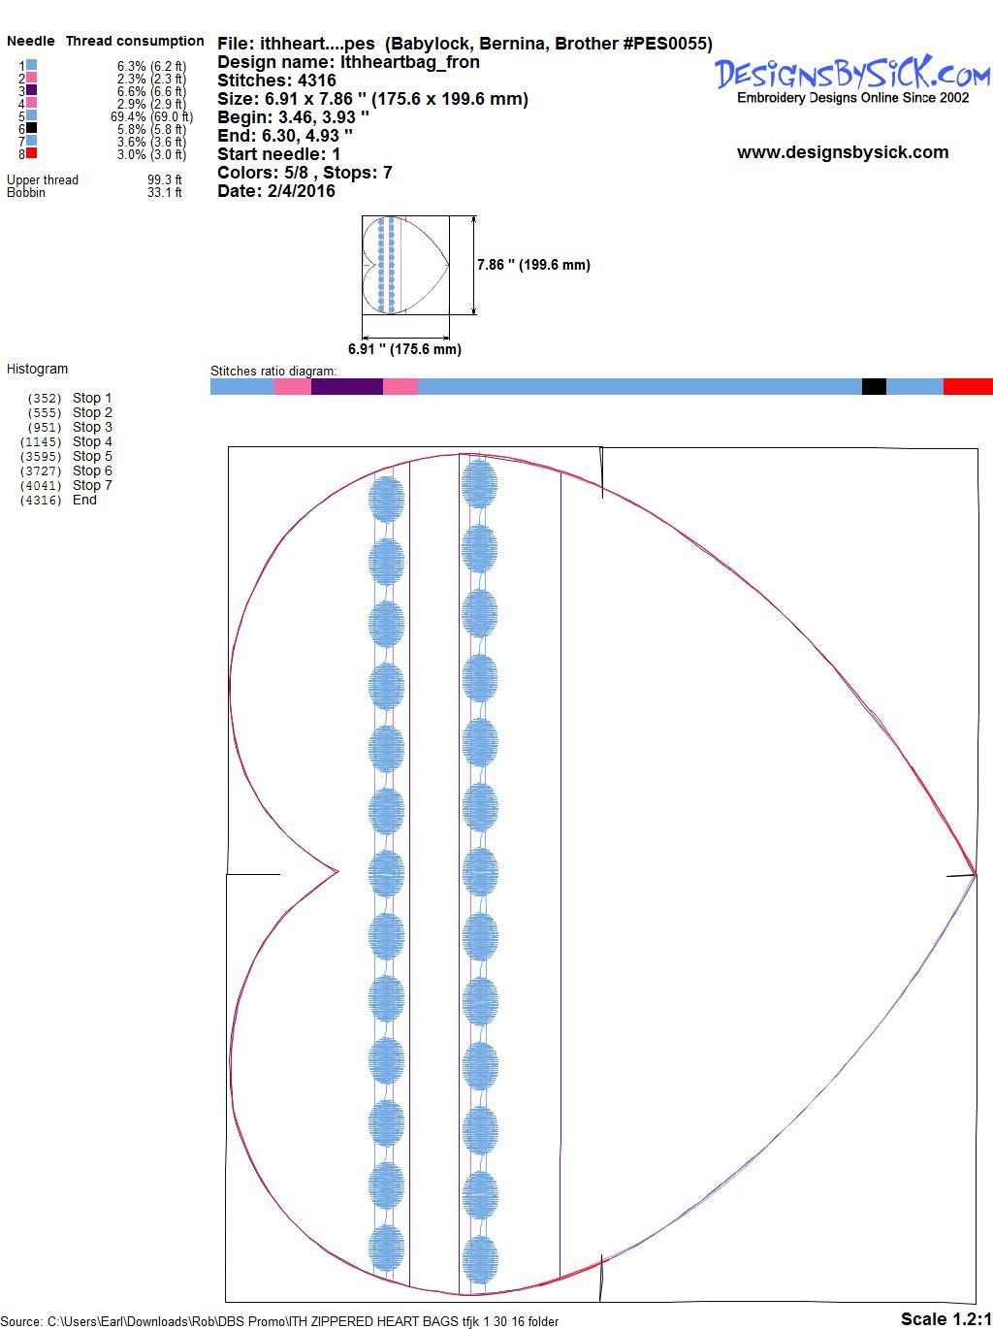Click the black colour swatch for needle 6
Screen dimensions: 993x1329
tap(31, 128)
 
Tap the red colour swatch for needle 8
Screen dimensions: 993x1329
tap(31, 153)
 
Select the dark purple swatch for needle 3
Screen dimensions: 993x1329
tap(31, 89)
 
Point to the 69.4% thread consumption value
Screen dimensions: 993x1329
tap(152, 116)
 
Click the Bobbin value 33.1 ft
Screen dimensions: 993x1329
tap(165, 192)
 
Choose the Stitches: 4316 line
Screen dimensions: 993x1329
tap(276, 81)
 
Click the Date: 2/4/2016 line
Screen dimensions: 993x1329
tap(276, 191)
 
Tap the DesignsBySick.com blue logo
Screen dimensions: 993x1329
tap(852, 74)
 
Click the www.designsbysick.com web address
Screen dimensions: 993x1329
tap(843, 152)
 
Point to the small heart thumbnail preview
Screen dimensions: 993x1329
tap(405, 265)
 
